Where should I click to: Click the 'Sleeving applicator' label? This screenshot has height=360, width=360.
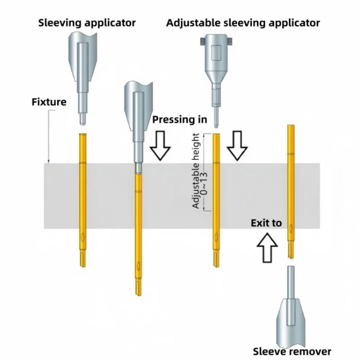click(x=87, y=22)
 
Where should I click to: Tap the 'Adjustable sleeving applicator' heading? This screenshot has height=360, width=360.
click(x=243, y=22)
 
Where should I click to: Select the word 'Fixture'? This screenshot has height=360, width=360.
click(x=49, y=102)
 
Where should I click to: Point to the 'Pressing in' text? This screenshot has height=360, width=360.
click(x=180, y=120)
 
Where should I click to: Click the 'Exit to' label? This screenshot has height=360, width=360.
click(x=266, y=223)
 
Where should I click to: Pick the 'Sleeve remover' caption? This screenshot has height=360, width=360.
click(x=292, y=351)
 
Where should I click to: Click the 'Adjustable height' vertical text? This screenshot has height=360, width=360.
click(x=196, y=171)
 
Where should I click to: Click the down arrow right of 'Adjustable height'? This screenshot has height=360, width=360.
click(x=237, y=146)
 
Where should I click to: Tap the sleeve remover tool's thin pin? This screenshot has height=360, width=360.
click(x=291, y=281)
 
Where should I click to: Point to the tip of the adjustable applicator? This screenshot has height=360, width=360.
click(x=216, y=122)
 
